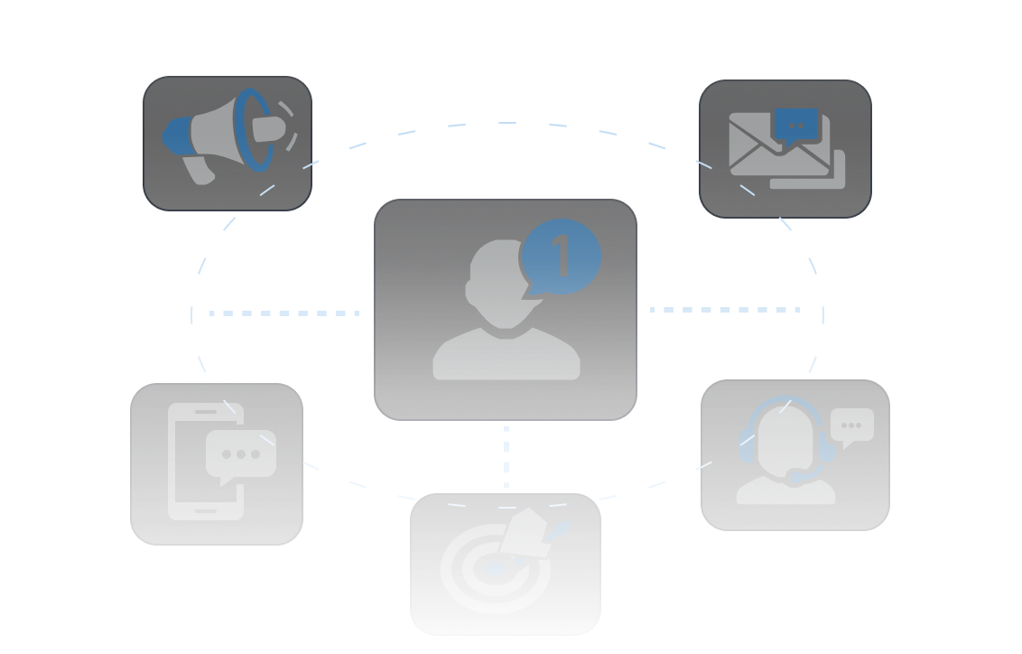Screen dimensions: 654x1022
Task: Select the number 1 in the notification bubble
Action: (x=561, y=257)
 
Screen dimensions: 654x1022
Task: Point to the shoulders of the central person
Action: (x=506, y=357)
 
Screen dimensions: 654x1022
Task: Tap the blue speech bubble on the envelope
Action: (x=795, y=126)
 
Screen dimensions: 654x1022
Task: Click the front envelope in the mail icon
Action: (x=767, y=149)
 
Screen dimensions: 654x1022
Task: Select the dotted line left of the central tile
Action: (x=284, y=313)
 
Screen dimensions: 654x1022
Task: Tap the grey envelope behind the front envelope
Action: (x=835, y=176)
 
